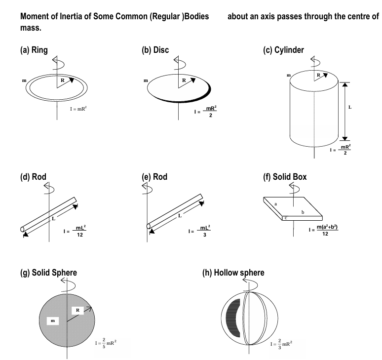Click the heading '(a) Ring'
34,50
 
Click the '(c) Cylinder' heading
284,50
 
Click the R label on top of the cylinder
318,75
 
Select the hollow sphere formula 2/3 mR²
281,341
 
